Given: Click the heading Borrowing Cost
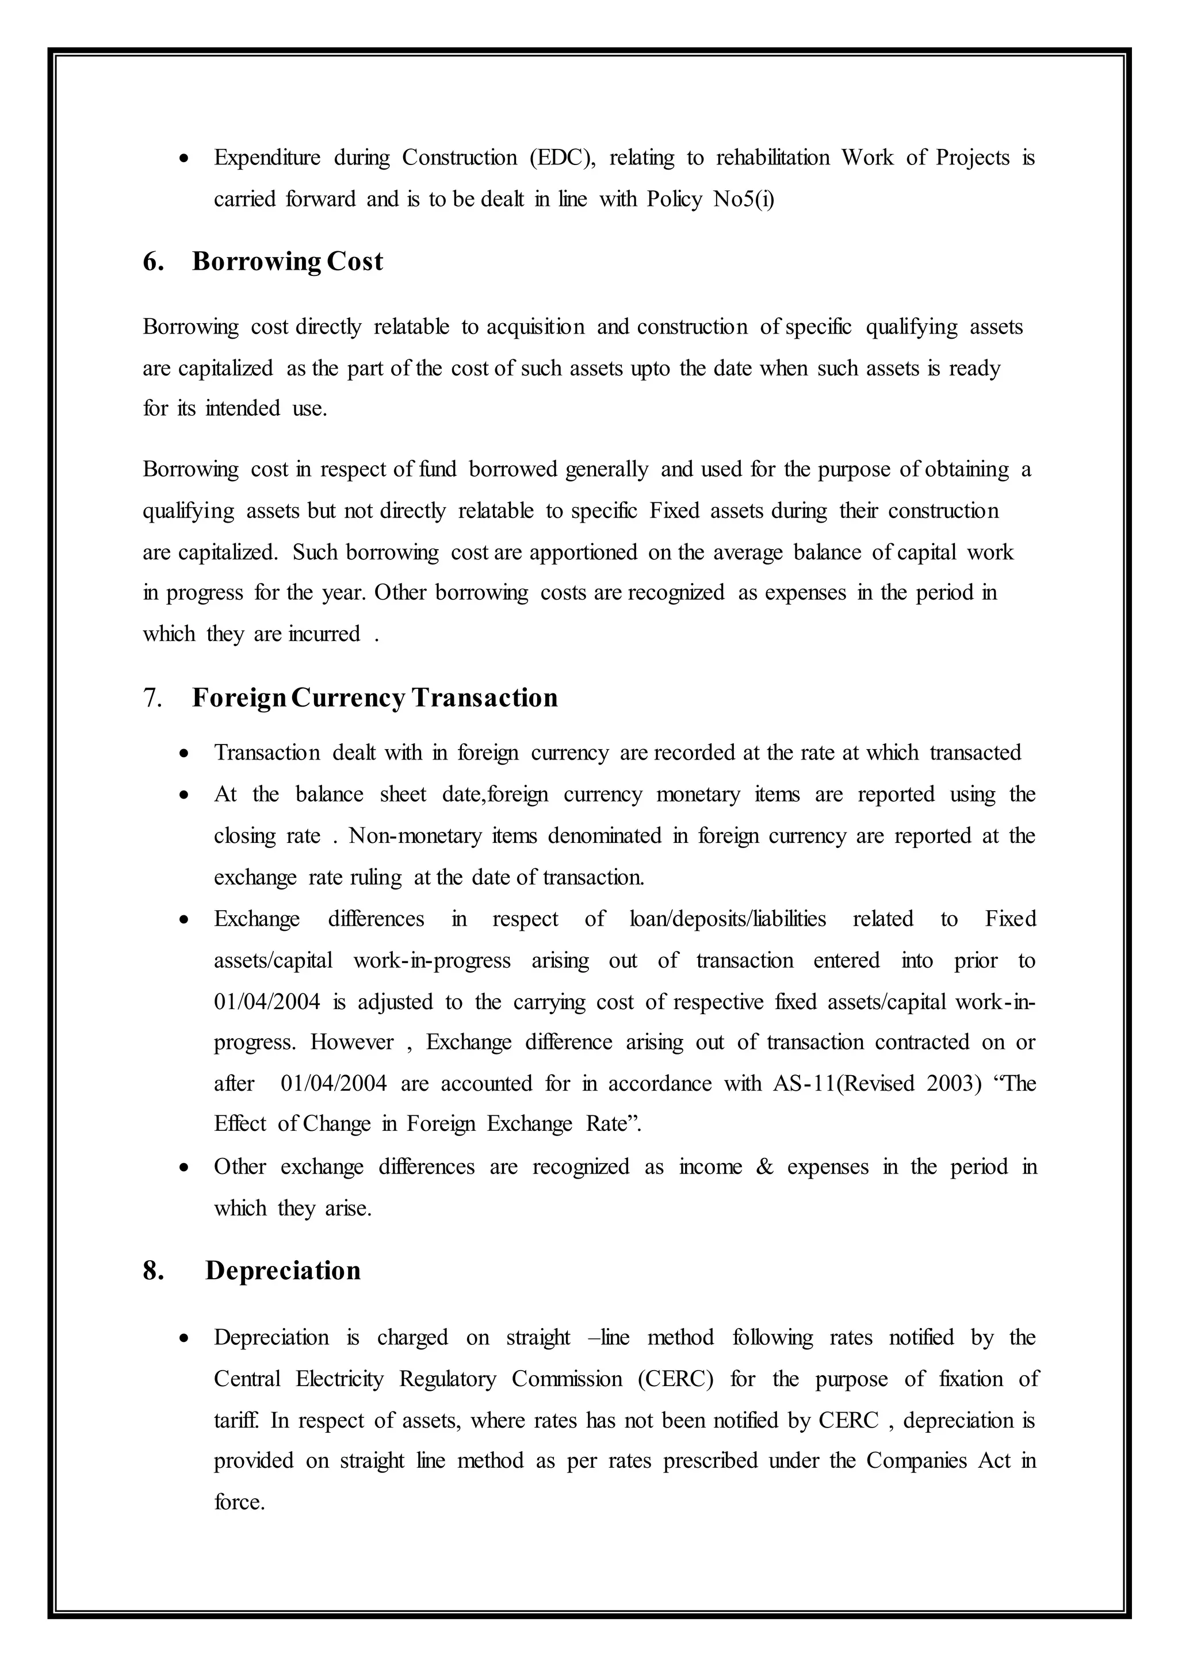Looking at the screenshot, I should pos(287,262).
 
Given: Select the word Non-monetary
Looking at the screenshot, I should pos(415,835).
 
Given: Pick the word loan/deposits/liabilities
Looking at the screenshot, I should pos(728,919).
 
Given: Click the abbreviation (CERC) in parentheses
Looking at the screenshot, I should pos(676,1379).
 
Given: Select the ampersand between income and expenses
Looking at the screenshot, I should pos(764,1166).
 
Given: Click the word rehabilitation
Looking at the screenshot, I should pos(772,158).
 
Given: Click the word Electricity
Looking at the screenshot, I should pos(339,1379).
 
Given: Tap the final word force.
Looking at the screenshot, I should pos(239,1501).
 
